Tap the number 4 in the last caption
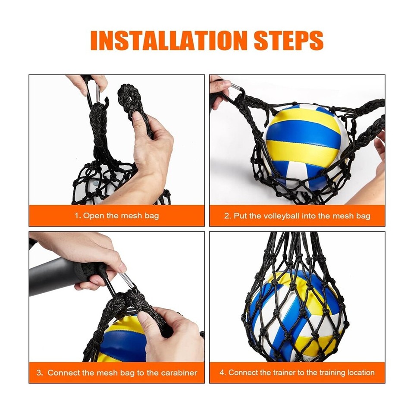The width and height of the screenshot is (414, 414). click(x=222, y=373)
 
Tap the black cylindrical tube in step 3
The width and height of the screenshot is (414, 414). click(x=52, y=276)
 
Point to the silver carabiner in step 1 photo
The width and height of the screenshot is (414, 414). click(x=97, y=93)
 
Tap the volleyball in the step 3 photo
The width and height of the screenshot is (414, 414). click(x=121, y=341)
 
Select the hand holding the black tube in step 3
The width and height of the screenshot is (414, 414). click(x=86, y=254)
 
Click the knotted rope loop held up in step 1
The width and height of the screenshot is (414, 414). click(x=129, y=101)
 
